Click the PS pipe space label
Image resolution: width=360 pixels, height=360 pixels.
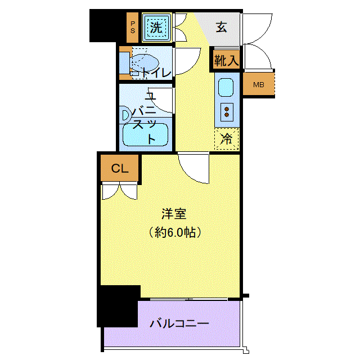133,28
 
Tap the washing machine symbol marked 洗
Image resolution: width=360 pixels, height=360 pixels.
156,28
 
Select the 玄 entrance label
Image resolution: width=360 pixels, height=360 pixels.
221,27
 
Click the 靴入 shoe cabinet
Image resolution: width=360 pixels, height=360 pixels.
226,60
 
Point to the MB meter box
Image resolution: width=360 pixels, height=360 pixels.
259,85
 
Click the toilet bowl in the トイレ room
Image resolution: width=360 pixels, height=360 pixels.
144,62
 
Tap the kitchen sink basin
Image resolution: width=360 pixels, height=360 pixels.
226,88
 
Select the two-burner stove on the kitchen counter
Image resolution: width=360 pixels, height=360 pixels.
227,112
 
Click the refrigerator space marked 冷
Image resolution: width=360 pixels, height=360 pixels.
226,139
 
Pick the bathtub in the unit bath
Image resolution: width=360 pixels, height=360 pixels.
145,135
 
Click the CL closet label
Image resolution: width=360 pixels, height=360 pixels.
120,169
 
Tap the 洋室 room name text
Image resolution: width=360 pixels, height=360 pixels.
174,214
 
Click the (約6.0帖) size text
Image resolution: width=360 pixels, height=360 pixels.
175,232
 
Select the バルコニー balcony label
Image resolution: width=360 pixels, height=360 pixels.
179,323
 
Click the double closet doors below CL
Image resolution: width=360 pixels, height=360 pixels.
120,191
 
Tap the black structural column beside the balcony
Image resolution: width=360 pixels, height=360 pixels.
118,306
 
